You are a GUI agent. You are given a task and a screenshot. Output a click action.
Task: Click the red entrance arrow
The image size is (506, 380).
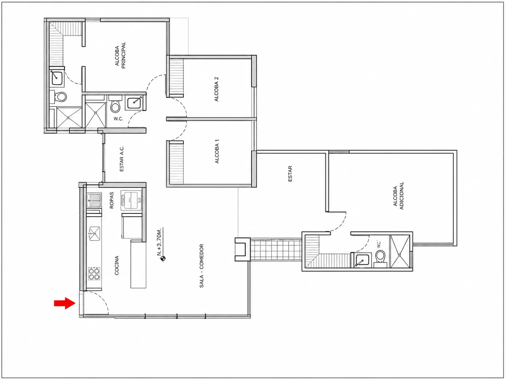click(x=65, y=303)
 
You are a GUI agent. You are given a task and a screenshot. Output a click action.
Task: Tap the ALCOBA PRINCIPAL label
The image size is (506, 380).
click(x=120, y=55)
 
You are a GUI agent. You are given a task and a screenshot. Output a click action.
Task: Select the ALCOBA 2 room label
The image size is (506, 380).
click(x=216, y=89)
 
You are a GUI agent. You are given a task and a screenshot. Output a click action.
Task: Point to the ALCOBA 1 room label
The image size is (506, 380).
click(x=217, y=151)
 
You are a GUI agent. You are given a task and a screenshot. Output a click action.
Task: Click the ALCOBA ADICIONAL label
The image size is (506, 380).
click(x=398, y=196)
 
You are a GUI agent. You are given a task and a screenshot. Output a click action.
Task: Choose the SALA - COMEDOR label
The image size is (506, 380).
click(x=202, y=266)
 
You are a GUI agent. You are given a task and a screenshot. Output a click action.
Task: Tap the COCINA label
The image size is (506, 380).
click(x=117, y=265)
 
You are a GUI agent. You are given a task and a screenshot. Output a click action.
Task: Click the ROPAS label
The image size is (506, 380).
click(x=111, y=200)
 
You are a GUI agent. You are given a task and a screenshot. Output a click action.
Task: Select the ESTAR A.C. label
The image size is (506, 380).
click(x=122, y=159)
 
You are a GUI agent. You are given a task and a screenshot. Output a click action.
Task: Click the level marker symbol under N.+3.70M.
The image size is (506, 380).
click(x=163, y=259)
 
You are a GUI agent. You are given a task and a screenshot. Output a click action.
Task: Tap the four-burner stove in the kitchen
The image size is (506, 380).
click(x=94, y=274)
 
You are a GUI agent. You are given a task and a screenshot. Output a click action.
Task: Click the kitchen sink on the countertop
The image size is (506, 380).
click(x=94, y=234)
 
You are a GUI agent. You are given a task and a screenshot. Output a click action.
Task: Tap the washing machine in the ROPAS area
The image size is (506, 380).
click(x=131, y=200)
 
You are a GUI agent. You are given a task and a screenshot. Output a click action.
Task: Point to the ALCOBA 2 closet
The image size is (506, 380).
click(x=176, y=78)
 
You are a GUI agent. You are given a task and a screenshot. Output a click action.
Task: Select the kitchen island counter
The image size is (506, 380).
click(x=138, y=264)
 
